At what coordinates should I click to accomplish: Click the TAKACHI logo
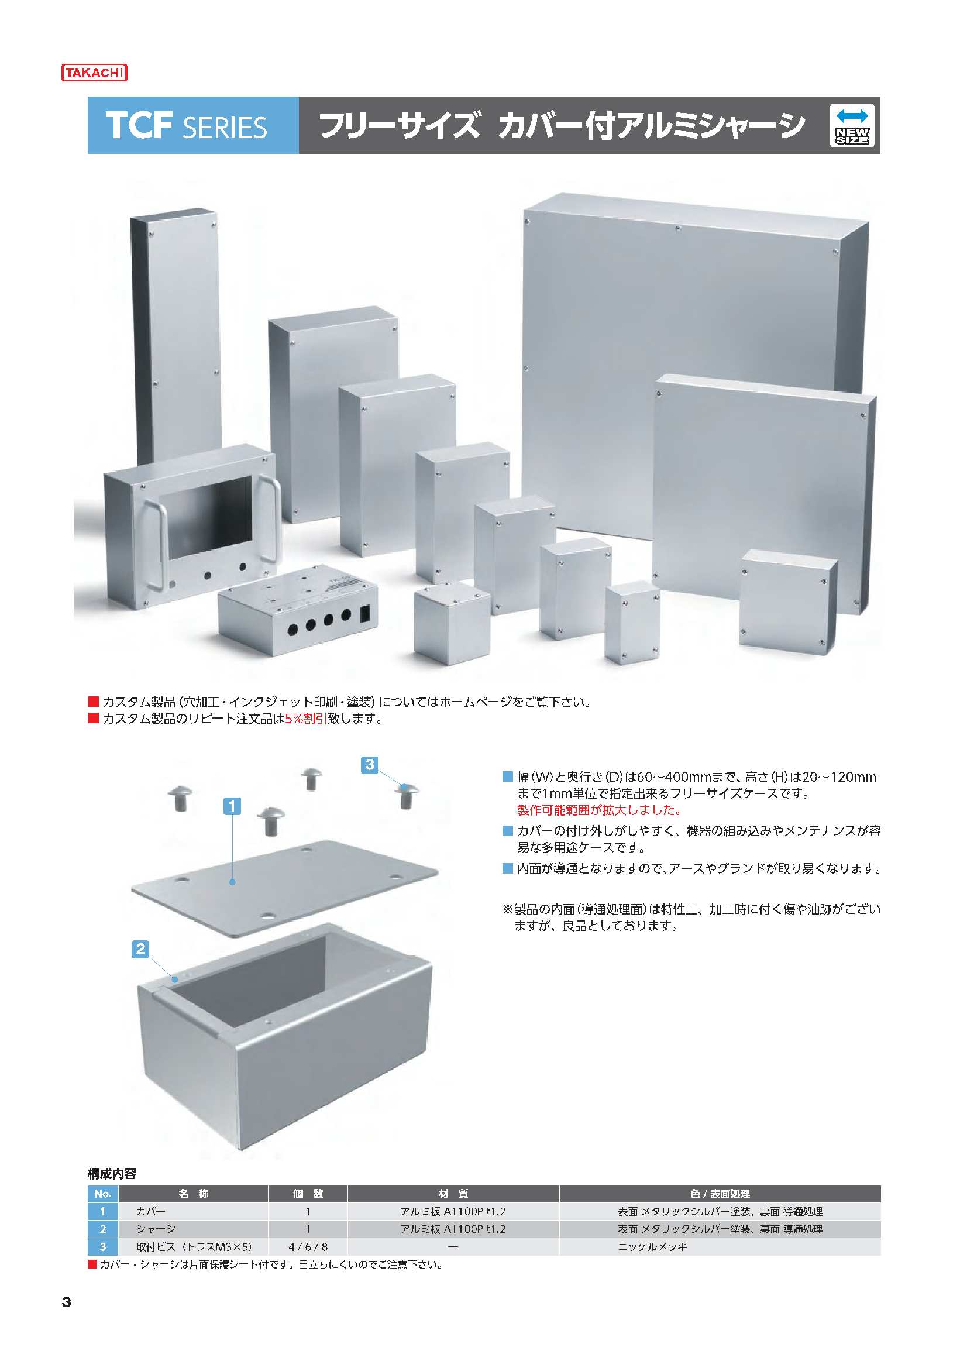coord(94,73)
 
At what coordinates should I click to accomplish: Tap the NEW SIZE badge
coord(852,125)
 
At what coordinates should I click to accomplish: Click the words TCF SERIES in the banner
coord(187,126)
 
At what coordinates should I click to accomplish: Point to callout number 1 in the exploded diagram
coord(232,807)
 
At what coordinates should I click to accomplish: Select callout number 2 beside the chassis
coord(140,949)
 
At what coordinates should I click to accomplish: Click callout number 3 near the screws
coord(369,764)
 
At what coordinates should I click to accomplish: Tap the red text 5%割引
coord(305,719)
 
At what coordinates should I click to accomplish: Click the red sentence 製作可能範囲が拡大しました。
coord(600,810)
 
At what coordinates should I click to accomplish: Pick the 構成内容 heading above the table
coord(112,1174)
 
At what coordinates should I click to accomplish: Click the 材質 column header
coord(453,1194)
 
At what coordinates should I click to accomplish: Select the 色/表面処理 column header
coord(720,1194)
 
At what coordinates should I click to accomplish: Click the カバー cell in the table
coord(151,1211)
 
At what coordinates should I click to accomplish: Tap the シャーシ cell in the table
coord(156,1229)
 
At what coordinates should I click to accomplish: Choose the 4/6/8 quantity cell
coord(308,1246)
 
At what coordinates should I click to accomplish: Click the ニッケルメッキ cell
coord(652,1246)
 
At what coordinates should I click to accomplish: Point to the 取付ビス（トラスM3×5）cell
coord(194,1246)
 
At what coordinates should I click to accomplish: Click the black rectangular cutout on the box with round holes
coord(366,614)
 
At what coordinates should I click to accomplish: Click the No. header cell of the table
coord(102,1194)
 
